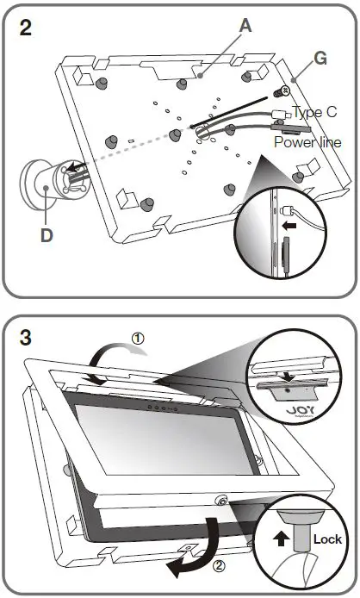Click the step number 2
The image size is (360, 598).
point(28,26)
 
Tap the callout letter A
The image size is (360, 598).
point(245,27)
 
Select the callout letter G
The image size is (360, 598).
point(321,59)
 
